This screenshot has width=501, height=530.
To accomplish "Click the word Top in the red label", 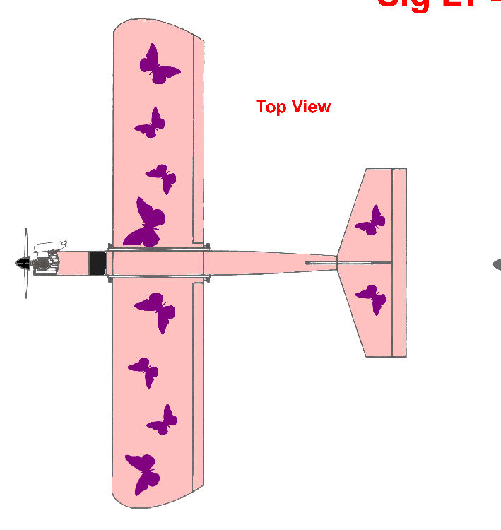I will pyautogui.click(x=270, y=107).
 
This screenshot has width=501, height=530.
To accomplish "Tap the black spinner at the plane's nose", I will pyautogui.click(x=22, y=264).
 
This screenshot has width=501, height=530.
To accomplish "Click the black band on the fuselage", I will pyautogui.click(x=97, y=263).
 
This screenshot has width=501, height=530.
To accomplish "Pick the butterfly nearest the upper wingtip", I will pyautogui.click(x=157, y=64).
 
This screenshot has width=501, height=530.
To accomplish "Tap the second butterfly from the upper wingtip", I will pyautogui.click(x=151, y=124).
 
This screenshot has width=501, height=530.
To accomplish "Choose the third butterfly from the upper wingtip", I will pyautogui.click(x=163, y=177).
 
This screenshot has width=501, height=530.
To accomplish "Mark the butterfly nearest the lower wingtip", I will pyautogui.click(x=142, y=473).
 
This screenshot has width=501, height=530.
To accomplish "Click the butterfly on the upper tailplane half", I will pyautogui.click(x=371, y=221).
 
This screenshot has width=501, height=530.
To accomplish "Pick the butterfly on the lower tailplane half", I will pyautogui.click(x=372, y=300).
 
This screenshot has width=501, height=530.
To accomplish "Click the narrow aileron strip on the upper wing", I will pyautogui.click(x=199, y=141).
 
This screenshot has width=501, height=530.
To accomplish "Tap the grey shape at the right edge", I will pyautogui.click(x=496, y=264).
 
